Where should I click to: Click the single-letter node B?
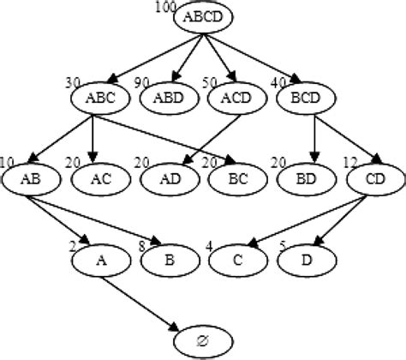point(165,259)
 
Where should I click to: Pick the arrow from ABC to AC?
point(93,137)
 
